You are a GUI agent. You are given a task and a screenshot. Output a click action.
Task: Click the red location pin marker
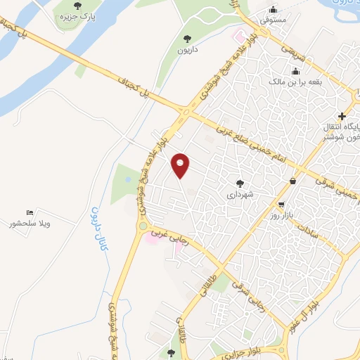[x=181, y=165]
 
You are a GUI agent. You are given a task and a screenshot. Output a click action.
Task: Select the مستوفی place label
[x=273, y=20]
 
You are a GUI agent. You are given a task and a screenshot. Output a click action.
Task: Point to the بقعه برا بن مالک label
[x=295, y=82]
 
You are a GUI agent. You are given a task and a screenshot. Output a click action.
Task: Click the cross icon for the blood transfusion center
[x=342, y=115]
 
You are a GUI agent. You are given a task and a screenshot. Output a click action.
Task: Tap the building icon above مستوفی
[x=273, y=10]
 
